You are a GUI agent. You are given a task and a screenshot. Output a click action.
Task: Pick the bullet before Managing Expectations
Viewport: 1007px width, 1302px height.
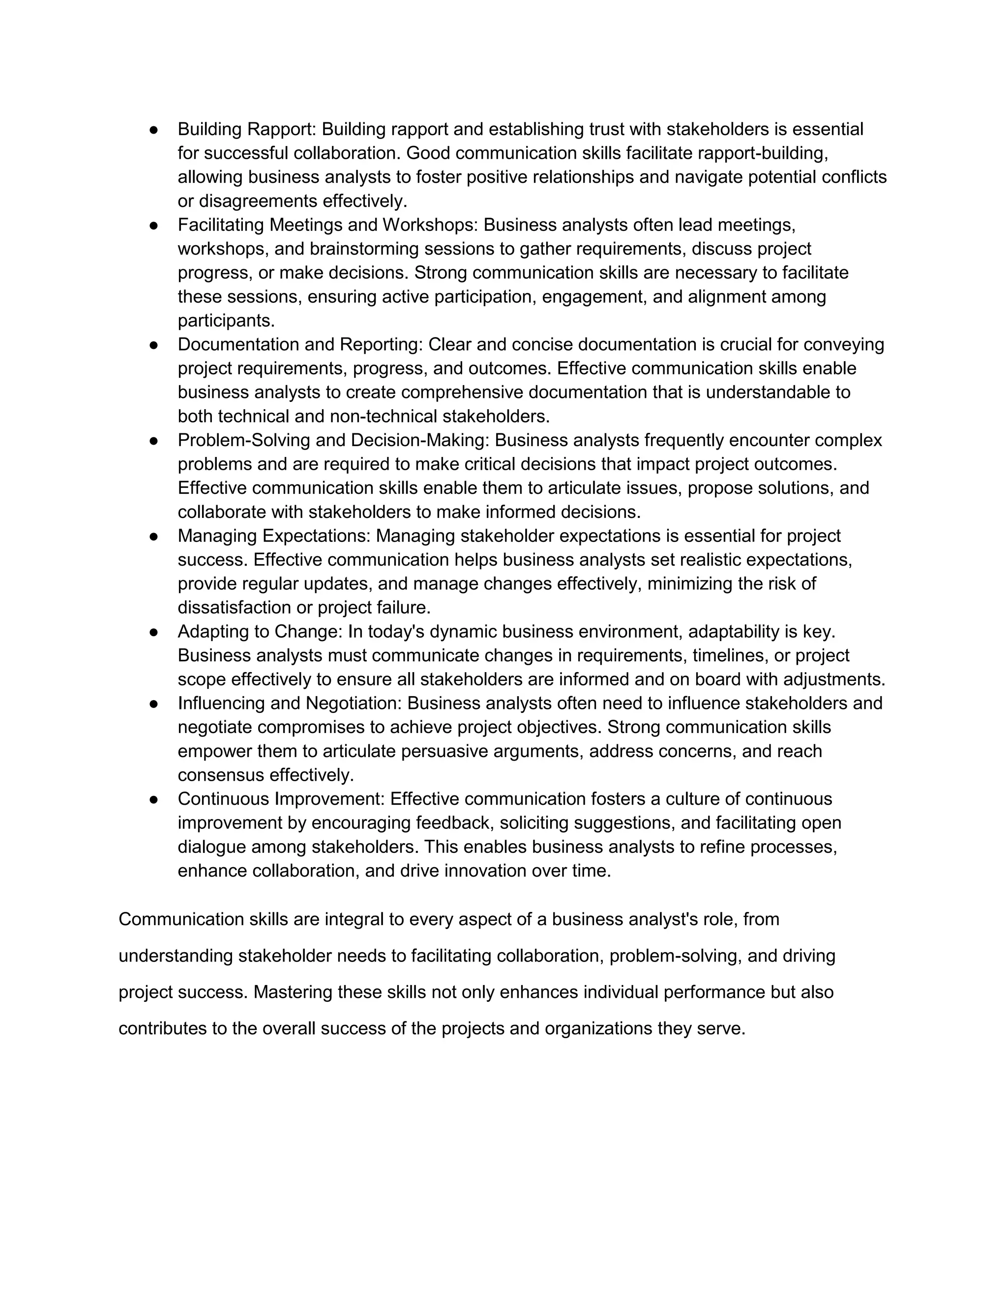coord(153,536)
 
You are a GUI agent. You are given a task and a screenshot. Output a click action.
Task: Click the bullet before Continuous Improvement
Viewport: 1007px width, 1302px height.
coord(153,799)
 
